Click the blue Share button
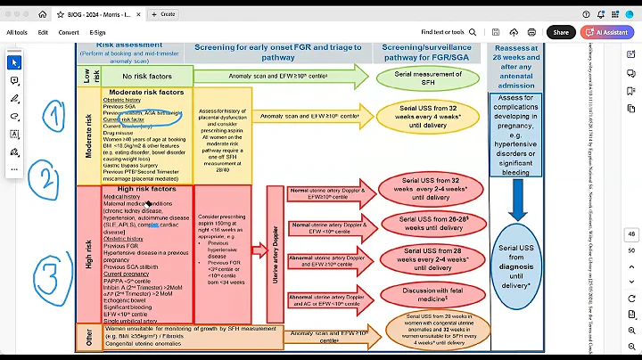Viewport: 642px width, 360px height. pyautogui.click(x=560, y=32)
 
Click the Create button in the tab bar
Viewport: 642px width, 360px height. pyautogui.click(x=166, y=13)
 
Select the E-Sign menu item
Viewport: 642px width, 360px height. pyautogui.click(x=98, y=32)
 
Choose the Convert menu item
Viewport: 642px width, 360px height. pyautogui.click(x=69, y=32)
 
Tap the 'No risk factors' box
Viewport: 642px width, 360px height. pyautogui.click(x=141, y=78)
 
